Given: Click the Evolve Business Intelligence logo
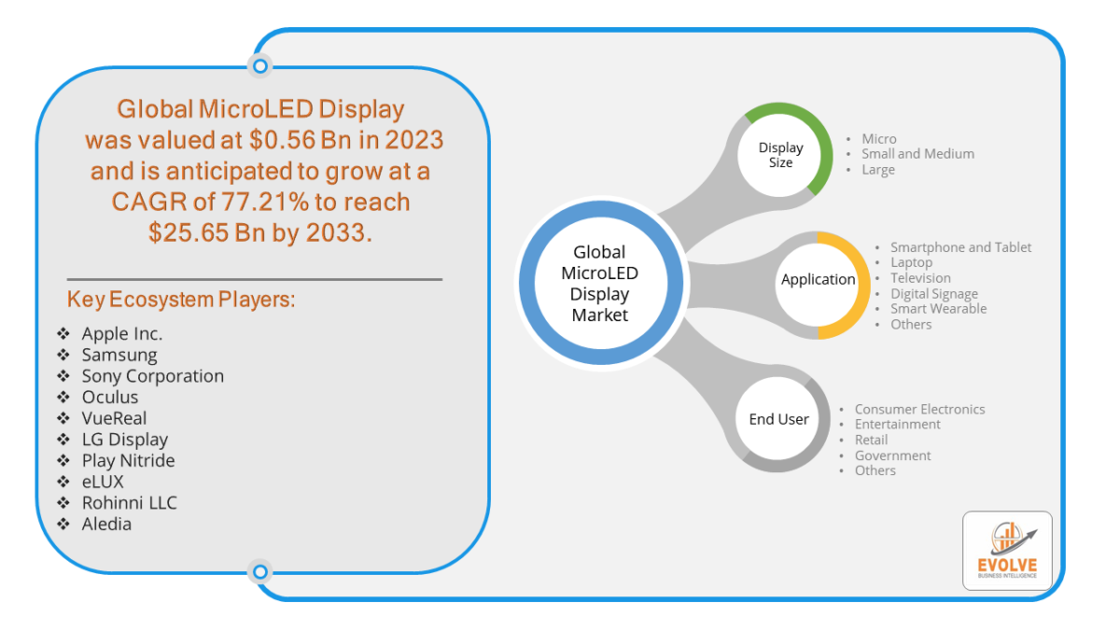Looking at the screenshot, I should pos(1007,551).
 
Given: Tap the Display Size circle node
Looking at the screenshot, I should pos(781,155).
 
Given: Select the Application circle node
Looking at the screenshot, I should pos(818,279).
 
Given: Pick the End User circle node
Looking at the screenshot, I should pos(779,419).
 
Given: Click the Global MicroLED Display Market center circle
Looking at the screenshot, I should pos(600,284).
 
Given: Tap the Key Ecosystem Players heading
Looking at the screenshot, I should pos(181,300).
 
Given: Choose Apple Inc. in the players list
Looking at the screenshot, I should pos(122,333).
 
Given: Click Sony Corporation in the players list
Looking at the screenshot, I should pos(153,376).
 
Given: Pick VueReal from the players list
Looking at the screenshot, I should pos(114,418).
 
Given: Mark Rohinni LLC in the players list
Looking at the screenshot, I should pos(129,503).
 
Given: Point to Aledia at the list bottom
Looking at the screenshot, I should pos(106,525).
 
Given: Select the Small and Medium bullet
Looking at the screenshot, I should pos(917,154).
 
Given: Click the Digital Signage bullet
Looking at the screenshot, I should pos(933,294).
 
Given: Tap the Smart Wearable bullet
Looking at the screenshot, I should pos(938,309).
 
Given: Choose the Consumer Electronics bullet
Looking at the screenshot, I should pos(919,409).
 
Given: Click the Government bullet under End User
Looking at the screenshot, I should pos(892,455).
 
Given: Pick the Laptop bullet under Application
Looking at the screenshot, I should pos(911,263).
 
